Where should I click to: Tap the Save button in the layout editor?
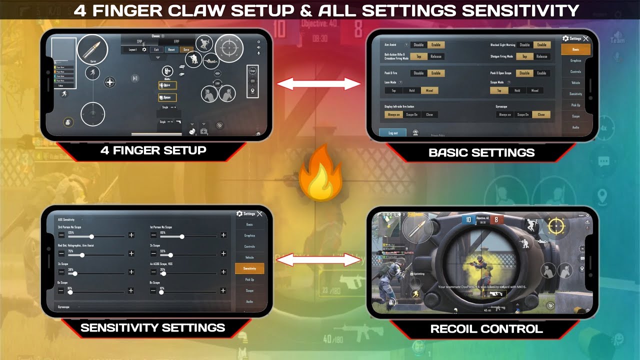(186, 49)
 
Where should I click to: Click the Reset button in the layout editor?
(171, 49)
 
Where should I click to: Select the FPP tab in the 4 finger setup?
(176, 41)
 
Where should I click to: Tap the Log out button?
(393, 133)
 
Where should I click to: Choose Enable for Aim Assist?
(436, 45)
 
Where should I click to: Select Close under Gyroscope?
(541, 114)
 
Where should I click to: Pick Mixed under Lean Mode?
(429, 90)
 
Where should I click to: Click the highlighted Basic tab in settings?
(575, 49)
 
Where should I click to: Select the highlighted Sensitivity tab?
(249, 268)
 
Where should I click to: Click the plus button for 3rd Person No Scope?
(131, 235)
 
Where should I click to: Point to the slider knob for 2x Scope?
(170, 254)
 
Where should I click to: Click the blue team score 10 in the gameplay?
(468, 219)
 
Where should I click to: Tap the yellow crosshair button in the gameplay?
(555, 226)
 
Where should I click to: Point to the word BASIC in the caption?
(451, 152)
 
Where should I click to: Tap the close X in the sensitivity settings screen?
(259, 214)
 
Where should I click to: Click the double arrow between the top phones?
(319, 84)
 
